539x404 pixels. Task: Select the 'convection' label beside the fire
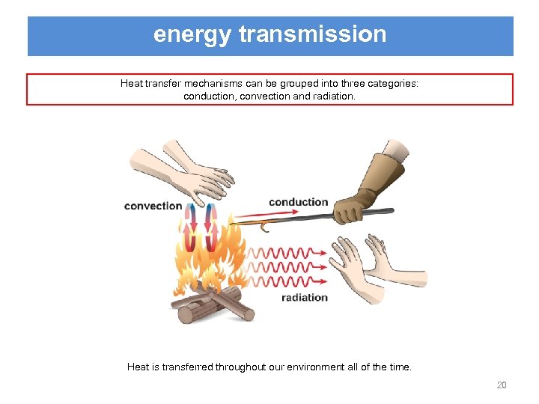pos(153,206)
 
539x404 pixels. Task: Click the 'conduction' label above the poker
pos(298,202)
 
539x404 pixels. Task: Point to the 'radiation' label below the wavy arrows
pos(305,297)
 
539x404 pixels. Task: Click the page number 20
pos(502,385)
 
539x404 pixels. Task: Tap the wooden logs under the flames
pos(213,304)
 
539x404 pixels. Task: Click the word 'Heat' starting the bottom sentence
pos(138,367)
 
